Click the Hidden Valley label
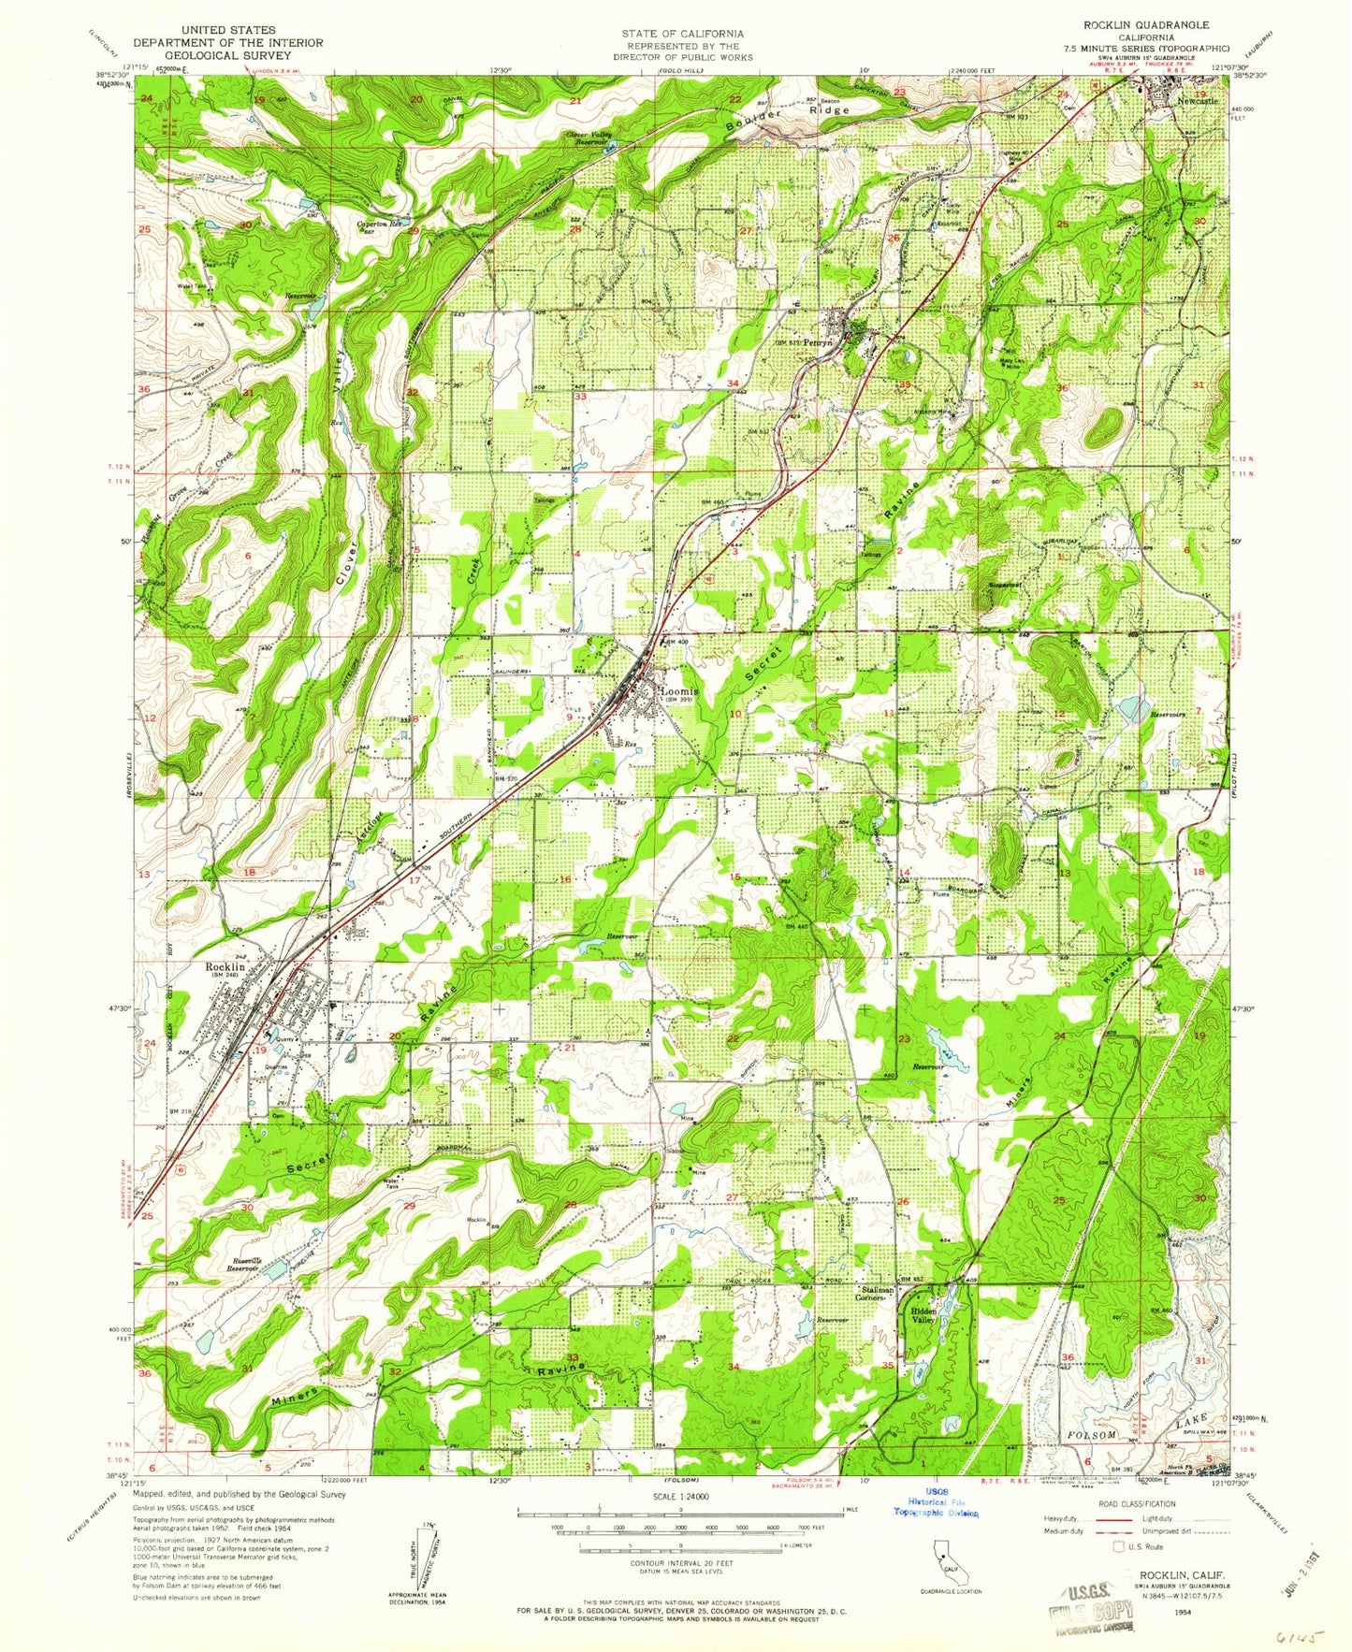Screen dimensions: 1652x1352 pos(923,1315)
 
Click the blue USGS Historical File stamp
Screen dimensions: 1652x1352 pos(936,1529)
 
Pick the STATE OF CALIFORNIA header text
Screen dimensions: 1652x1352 pos(682,34)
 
